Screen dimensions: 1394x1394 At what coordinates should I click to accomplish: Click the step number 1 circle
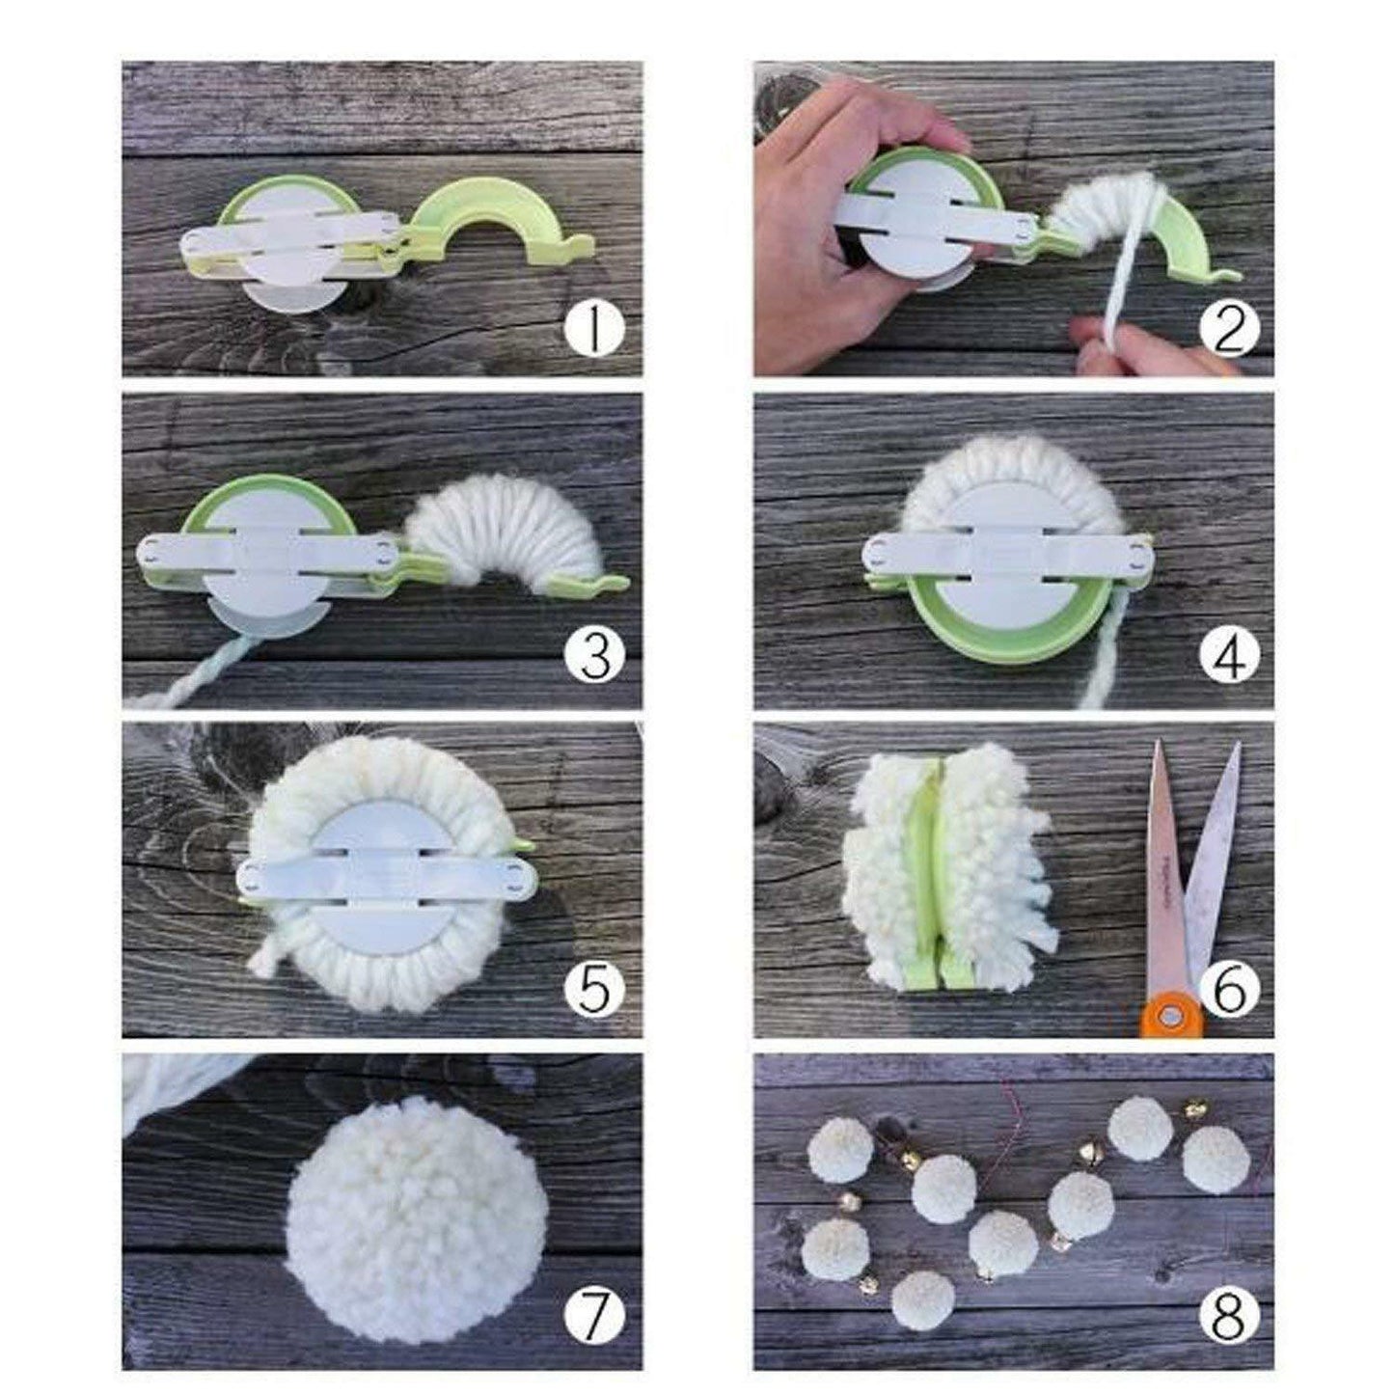tap(594, 329)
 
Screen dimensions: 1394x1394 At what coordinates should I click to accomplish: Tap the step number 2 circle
tap(1228, 329)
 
